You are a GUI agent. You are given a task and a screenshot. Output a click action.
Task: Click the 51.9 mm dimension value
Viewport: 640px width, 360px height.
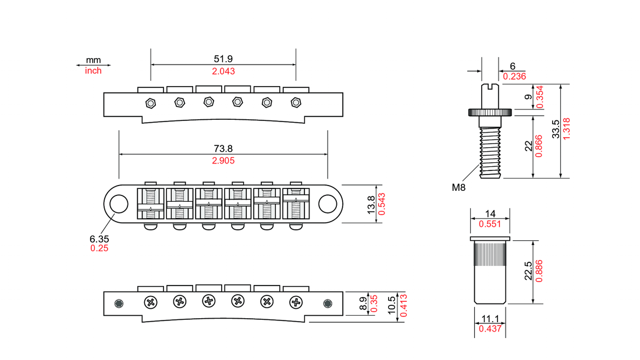tap(223, 59)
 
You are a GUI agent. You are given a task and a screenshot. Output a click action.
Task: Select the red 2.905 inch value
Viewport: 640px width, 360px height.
tap(223, 161)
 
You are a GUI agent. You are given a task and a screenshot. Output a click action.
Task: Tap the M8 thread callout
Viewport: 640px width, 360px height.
tap(459, 187)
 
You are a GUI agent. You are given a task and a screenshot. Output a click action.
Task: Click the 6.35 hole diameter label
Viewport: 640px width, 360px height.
tap(99, 238)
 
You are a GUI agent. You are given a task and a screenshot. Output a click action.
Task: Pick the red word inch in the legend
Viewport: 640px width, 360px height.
tap(93, 70)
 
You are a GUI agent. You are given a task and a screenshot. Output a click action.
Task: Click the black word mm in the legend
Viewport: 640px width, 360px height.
tap(93, 60)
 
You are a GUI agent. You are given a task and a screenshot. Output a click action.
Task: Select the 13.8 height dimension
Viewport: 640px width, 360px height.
tap(372, 205)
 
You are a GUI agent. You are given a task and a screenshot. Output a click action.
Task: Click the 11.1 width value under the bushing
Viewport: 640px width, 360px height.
tap(490, 319)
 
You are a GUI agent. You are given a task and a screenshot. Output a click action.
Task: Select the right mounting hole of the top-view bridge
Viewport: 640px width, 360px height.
tap(328, 204)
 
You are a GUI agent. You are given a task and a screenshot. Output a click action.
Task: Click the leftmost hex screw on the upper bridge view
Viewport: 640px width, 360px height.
tap(151, 103)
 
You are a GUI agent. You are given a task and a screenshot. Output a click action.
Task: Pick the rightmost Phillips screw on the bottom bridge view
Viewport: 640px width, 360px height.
tap(297, 302)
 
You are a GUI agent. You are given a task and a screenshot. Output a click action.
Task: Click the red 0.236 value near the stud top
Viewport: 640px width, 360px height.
tap(514, 76)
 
